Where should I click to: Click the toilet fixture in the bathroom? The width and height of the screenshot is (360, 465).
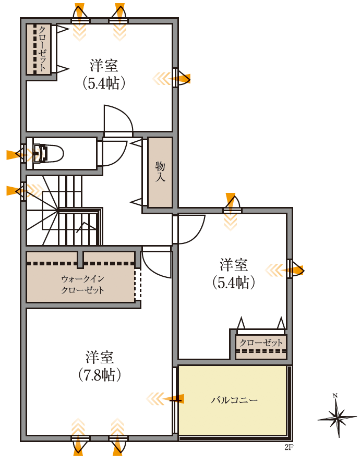(50, 154)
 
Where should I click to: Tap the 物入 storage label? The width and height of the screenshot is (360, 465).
(160, 172)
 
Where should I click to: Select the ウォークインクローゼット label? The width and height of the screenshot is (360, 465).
(82, 284)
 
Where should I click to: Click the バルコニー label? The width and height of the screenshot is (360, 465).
(234, 400)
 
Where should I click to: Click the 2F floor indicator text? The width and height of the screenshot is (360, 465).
(289, 447)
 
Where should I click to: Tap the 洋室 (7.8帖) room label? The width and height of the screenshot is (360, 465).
(100, 366)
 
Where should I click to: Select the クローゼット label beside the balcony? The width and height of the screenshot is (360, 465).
(261, 343)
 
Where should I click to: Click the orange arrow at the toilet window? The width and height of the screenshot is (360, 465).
(13, 154)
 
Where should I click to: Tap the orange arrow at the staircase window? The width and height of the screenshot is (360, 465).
(13, 191)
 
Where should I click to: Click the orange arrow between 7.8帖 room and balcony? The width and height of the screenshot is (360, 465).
(172, 399)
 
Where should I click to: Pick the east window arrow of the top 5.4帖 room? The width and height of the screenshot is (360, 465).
(183, 79)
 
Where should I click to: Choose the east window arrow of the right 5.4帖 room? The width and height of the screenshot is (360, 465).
(296, 270)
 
